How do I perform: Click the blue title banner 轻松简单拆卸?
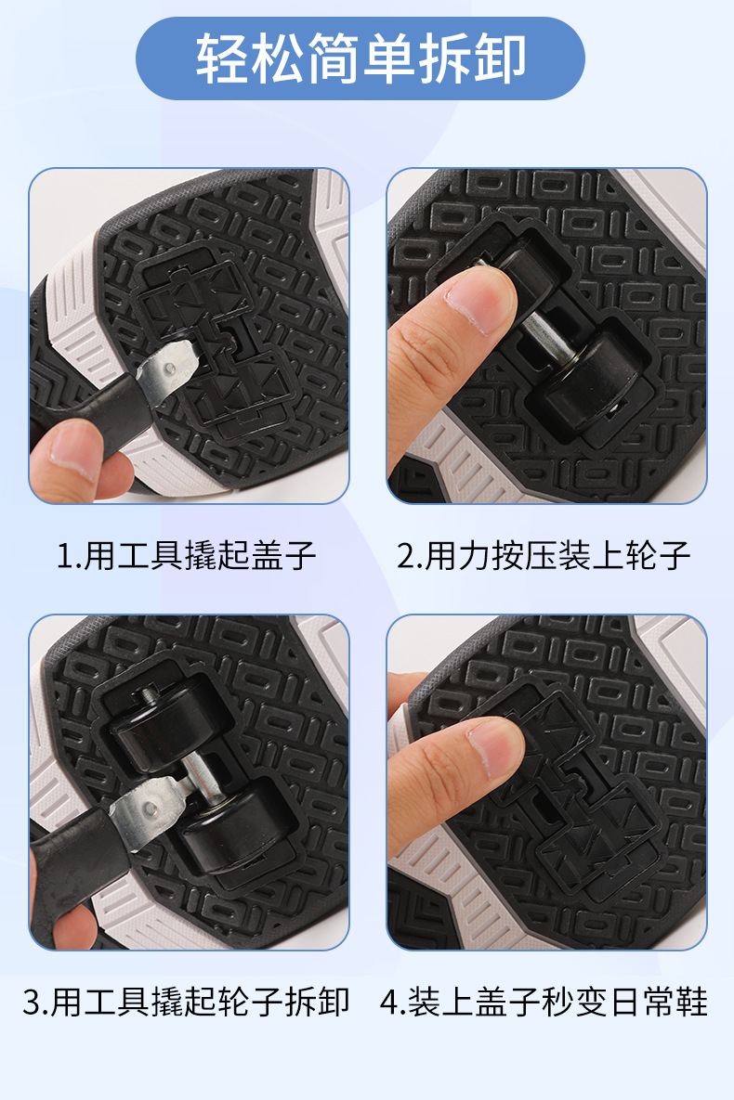(x=360, y=58)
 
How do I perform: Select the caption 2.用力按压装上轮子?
(x=544, y=556)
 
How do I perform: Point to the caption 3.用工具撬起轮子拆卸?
(x=186, y=1003)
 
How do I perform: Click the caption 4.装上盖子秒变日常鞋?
(x=544, y=1003)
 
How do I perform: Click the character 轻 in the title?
(x=216, y=58)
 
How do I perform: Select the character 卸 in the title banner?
(x=504, y=58)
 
